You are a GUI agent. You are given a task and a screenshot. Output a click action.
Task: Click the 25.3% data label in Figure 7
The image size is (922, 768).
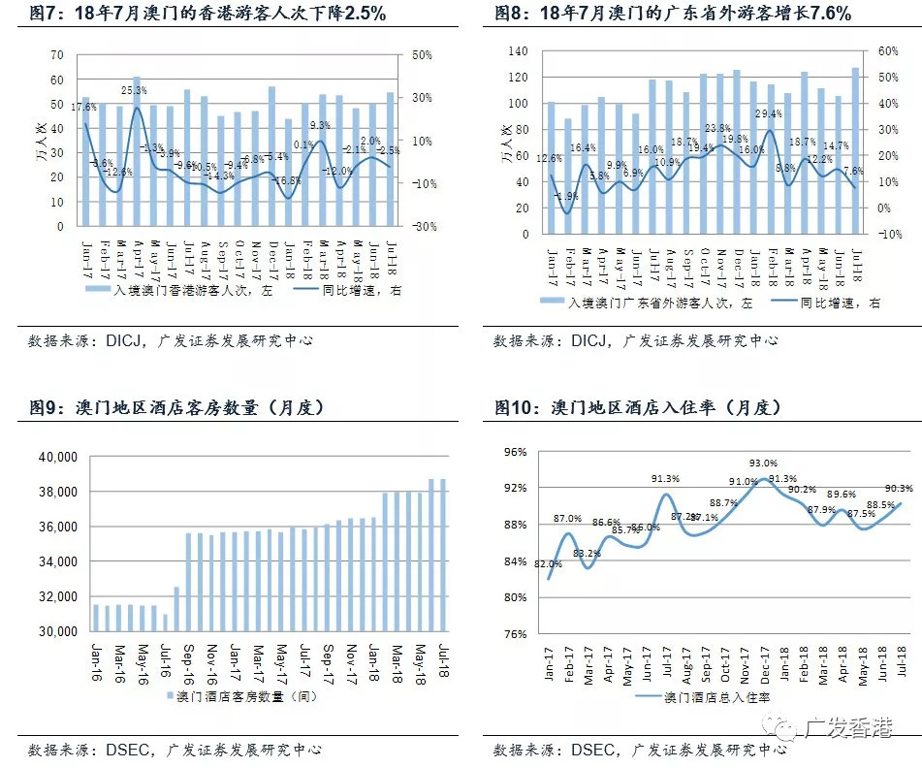tap(135, 90)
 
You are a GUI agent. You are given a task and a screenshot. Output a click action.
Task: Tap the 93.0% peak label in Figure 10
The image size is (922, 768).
tap(764, 464)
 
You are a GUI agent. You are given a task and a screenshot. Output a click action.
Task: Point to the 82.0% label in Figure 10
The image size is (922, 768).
tap(548, 563)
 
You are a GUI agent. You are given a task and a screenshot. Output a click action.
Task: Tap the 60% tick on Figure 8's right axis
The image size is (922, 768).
tap(889, 51)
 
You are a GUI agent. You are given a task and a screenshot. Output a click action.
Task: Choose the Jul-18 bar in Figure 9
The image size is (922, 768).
tap(442, 555)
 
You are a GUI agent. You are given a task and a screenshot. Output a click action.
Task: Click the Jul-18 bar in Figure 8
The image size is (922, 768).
tap(854, 150)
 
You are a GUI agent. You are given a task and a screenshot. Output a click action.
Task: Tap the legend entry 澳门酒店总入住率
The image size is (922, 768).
tap(716, 695)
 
